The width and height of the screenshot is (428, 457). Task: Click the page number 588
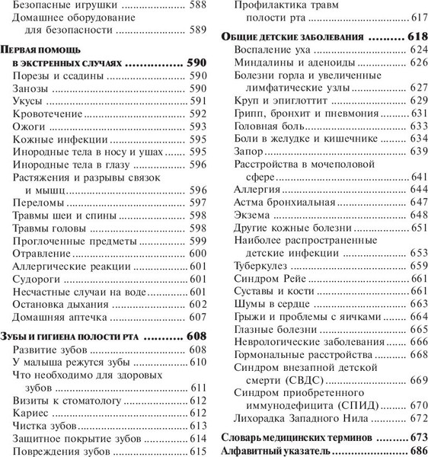(198, 11)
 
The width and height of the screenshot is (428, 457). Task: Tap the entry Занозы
(32, 89)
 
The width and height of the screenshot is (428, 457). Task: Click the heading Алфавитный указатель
(276, 450)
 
